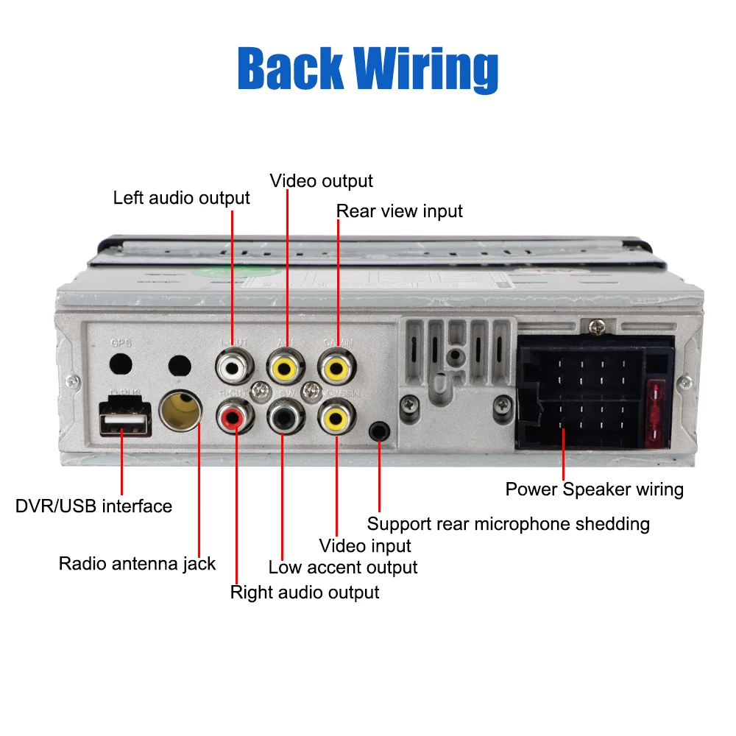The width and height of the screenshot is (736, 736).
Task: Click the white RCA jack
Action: pos(233,365)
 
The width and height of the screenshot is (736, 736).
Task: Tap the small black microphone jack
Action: pos(379,431)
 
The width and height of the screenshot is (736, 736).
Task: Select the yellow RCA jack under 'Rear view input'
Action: pos(336,366)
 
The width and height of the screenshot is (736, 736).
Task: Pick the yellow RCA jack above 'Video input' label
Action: pos(335,420)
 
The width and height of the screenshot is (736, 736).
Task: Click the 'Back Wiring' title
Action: pos(368,68)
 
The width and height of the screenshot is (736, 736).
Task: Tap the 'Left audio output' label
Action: pos(181,198)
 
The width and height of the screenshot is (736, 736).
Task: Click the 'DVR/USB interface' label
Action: pos(93,506)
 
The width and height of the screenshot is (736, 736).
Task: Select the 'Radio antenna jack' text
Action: pos(137,564)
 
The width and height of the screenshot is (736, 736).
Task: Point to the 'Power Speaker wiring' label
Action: pos(594,489)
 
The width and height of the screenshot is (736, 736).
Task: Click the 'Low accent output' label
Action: pos(342,567)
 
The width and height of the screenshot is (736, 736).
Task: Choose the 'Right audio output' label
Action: pos(305,592)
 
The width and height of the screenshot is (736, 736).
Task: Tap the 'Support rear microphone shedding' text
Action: pos(508,524)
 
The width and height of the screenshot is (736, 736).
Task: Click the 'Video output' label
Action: pos(321,181)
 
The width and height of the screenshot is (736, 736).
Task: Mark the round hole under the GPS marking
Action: pos(120,364)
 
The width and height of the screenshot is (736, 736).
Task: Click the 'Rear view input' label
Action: pos(400,211)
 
